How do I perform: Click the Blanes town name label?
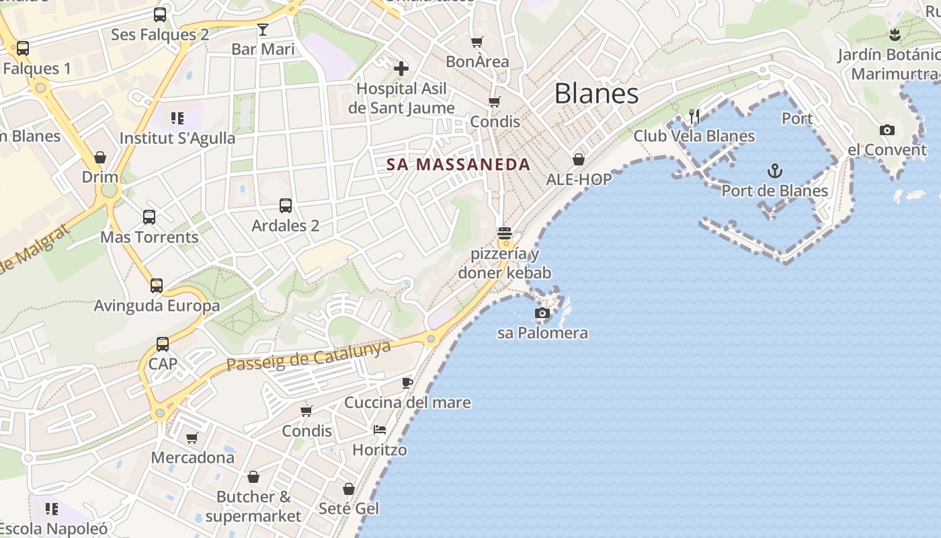pyautogui.click(x=596, y=93)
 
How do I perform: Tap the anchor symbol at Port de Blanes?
pyautogui.click(x=775, y=171)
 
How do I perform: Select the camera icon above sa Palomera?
pyautogui.click(x=542, y=313)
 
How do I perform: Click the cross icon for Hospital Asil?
pyautogui.click(x=401, y=68)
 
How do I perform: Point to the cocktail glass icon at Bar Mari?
pyautogui.click(x=263, y=30)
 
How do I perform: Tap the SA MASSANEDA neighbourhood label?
pyautogui.click(x=458, y=164)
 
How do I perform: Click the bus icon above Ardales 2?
pyautogui.click(x=286, y=205)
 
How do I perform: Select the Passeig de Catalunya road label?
pyautogui.click(x=309, y=356)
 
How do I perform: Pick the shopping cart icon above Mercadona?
pyautogui.click(x=192, y=438)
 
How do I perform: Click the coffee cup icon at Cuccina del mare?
pyautogui.click(x=407, y=383)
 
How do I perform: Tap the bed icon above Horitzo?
pyautogui.click(x=380, y=429)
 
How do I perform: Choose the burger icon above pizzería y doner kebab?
pyautogui.click(x=505, y=233)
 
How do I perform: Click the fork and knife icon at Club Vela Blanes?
pyautogui.click(x=694, y=116)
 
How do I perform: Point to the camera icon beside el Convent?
pyautogui.click(x=887, y=130)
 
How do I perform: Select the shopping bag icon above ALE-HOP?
pyautogui.click(x=579, y=159)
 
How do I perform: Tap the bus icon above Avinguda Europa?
pyautogui.click(x=157, y=286)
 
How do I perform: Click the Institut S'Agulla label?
pyautogui.click(x=177, y=139)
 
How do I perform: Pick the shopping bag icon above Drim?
pyautogui.click(x=100, y=157)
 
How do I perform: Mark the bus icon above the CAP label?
pyautogui.click(x=163, y=344)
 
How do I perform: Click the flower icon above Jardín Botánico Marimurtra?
pyautogui.click(x=894, y=35)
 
